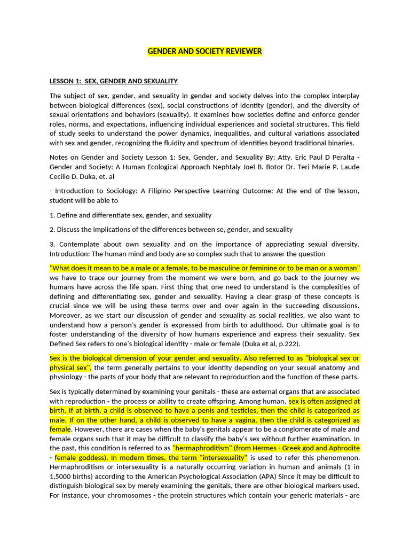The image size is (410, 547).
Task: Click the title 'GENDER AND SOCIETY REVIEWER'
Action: click(204, 51)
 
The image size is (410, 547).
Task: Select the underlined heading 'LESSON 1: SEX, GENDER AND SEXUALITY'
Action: click(113, 81)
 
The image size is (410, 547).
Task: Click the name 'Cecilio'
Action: click(61, 177)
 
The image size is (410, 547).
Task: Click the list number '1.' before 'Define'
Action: click(52, 215)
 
